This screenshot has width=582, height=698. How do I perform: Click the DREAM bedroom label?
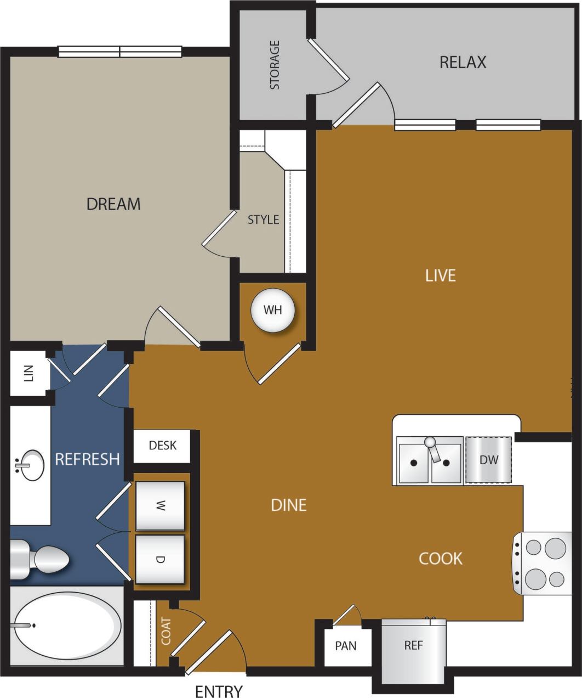[x=113, y=204]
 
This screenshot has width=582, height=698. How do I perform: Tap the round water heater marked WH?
[x=272, y=310]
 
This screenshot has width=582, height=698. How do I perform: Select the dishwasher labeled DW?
[x=489, y=460]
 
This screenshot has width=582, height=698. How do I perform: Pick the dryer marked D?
[x=160, y=559]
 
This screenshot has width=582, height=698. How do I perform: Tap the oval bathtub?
[x=67, y=625]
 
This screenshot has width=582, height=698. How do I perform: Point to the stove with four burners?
[x=545, y=563]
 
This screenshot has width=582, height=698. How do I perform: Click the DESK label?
[x=163, y=445]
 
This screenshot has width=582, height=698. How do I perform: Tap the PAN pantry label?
[x=345, y=646]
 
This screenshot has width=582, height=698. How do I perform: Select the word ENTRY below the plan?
[x=219, y=691]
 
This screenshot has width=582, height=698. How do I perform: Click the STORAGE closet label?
[x=275, y=65]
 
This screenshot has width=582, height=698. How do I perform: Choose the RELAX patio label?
[x=463, y=63]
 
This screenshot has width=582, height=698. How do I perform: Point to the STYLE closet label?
[x=263, y=220]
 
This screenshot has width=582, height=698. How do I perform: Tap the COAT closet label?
[x=166, y=632]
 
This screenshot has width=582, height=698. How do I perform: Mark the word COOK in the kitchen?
[x=441, y=559]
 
